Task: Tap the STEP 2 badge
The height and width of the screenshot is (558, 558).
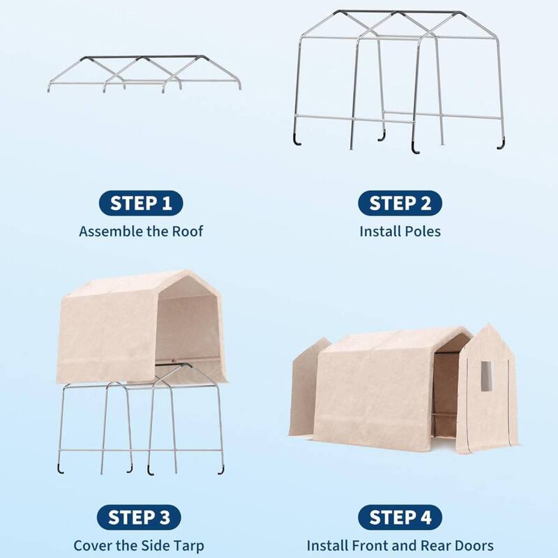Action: point(400,204)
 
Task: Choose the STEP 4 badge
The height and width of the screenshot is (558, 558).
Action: point(400,518)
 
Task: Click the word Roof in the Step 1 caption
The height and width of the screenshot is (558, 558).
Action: point(187,231)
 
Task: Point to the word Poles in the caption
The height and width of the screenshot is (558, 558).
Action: point(421,231)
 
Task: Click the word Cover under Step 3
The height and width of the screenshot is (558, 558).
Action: point(93,545)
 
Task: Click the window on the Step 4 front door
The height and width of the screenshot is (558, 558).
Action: point(486,376)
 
